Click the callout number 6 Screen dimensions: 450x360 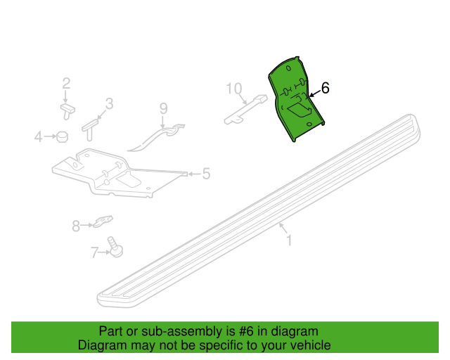coord(325,88)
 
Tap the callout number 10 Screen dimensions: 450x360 coord(234,89)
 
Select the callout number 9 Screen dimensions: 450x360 coord(163,108)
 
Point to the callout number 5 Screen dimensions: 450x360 coord(206,174)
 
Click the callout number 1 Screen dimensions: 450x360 coord(289,240)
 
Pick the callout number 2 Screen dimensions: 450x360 coord(66,83)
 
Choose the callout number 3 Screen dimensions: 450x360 coord(110,103)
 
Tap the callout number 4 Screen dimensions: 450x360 coord(39,136)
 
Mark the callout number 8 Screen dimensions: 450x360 coord(76,226)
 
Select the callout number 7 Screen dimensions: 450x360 coord(95,252)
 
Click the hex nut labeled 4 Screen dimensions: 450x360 coord(63,136)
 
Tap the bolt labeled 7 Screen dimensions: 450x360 coord(115,247)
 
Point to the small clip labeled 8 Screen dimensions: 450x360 coord(103,221)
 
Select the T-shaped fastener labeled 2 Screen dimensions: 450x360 coord(67,111)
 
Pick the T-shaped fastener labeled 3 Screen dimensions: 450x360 coord(90,129)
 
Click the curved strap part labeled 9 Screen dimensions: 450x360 coord(156,138)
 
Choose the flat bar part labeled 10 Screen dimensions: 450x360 coord(246,110)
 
